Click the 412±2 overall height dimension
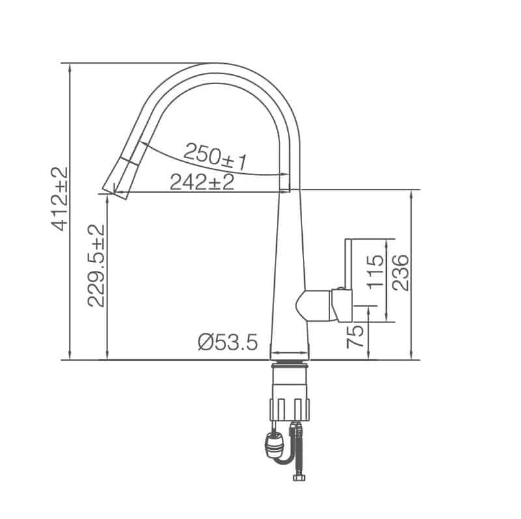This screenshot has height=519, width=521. (x=60, y=199)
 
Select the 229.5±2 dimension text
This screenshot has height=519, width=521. (x=96, y=265)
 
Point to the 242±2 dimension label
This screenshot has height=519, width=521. (x=202, y=182)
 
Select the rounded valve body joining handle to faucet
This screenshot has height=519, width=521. (x=313, y=305)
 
